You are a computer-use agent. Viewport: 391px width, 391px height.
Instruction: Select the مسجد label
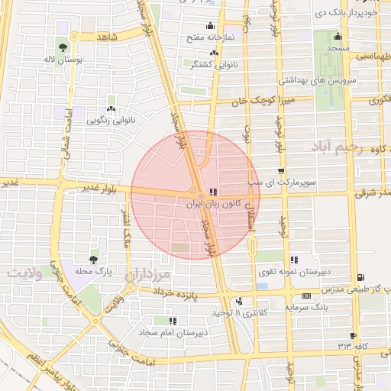point(337,48)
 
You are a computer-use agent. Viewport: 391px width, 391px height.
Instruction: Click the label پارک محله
point(97,271)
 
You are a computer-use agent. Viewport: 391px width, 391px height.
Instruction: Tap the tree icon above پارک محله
point(92,260)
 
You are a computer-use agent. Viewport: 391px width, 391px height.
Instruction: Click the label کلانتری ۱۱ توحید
point(220,313)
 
